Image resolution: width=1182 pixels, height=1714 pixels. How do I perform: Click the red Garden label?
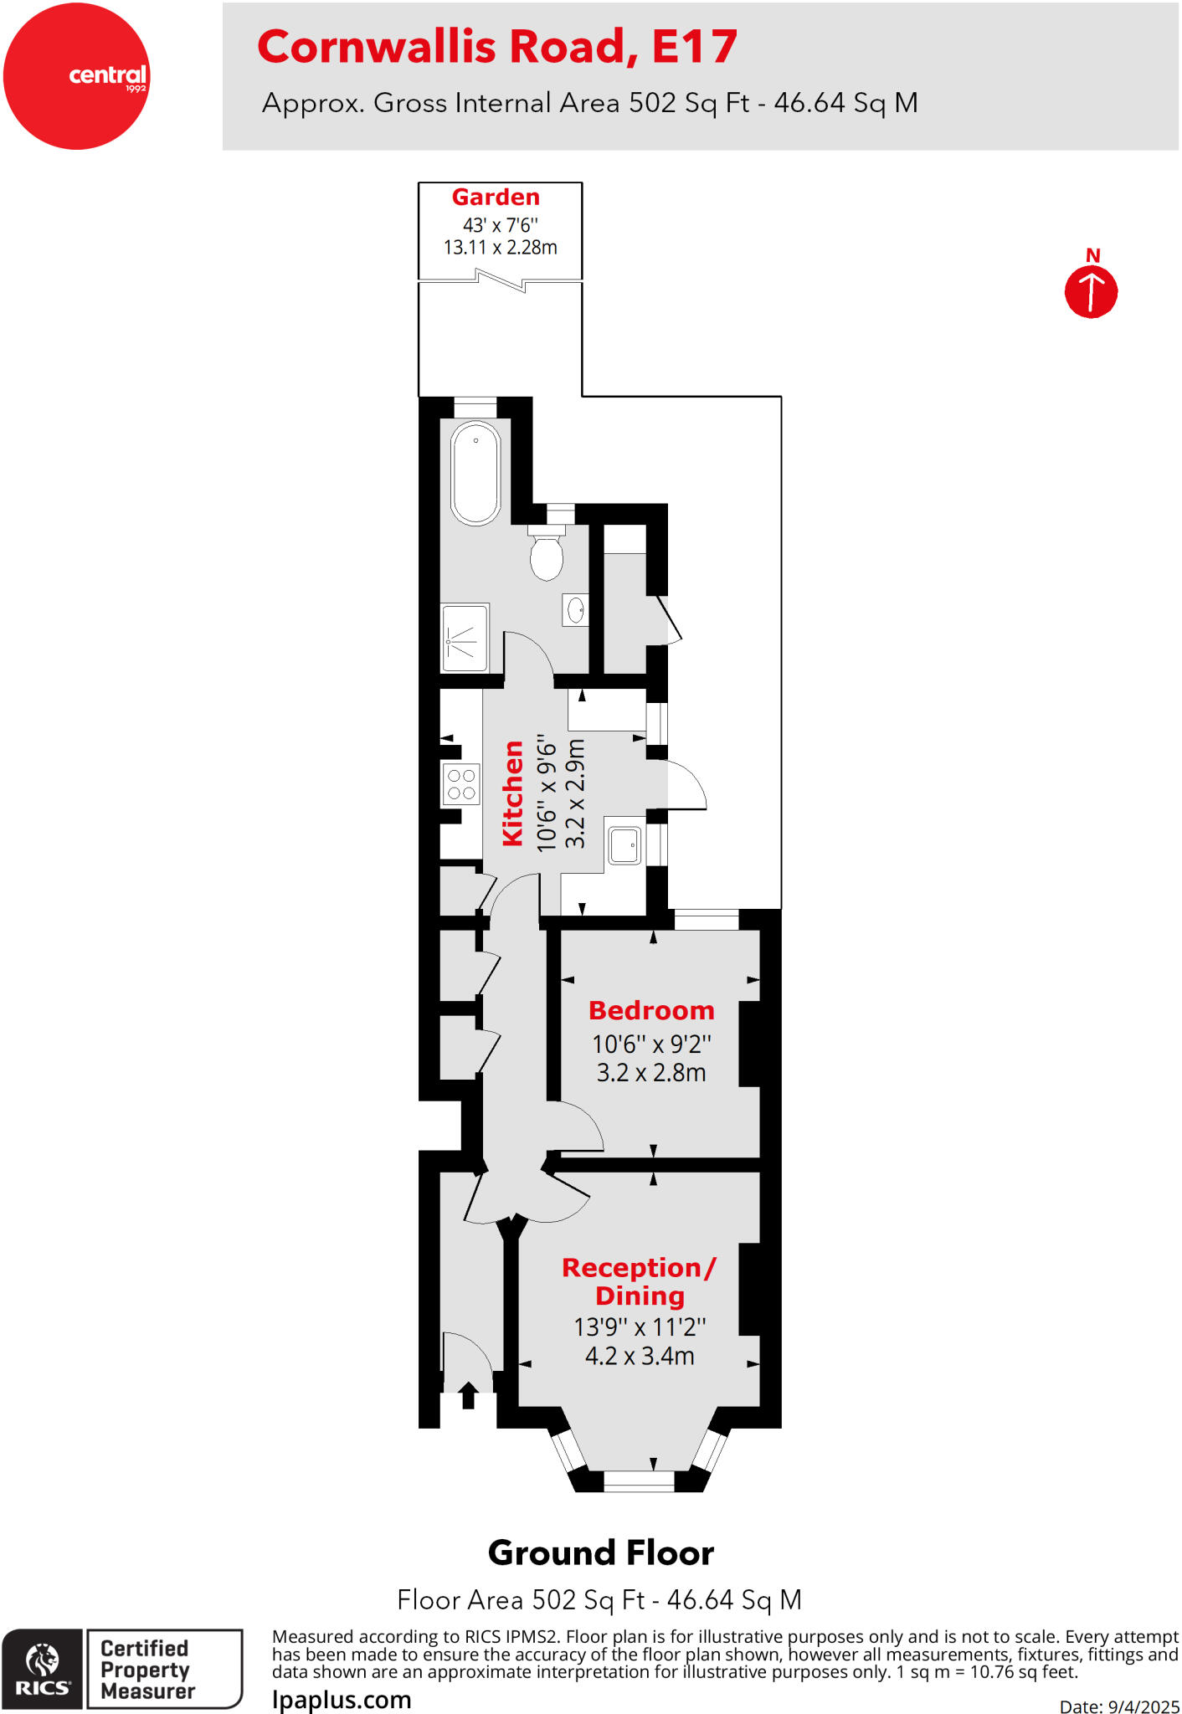click(x=496, y=198)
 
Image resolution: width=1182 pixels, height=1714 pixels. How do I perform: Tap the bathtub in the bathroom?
click(x=475, y=473)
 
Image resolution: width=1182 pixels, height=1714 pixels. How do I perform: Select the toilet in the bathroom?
click(x=547, y=555)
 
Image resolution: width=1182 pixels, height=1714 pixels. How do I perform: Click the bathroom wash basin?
click(x=576, y=610)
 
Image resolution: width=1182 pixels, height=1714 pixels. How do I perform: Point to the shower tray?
click(x=465, y=638)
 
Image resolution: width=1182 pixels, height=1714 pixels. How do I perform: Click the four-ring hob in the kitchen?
click(x=461, y=784)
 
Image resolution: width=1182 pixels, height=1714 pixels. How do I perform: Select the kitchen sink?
click(x=624, y=845)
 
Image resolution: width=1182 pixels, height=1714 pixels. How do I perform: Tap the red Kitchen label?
click(x=512, y=793)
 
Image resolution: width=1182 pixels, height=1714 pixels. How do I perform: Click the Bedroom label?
click(x=651, y=1011)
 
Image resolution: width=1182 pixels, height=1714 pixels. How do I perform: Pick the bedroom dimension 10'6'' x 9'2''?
click(x=651, y=1044)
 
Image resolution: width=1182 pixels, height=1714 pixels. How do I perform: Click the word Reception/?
click(x=639, y=1268)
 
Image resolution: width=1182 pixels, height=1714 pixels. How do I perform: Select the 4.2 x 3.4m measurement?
click(x=640, y=1356)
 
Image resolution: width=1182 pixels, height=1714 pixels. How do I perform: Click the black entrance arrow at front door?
click(x=468, y=1395)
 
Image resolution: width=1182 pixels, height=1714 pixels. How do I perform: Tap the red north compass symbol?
click(x=1091, y=291)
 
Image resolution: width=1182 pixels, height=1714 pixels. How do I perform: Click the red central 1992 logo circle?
click(x=76, y=76)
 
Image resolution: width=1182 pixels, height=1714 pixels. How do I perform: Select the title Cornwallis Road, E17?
click(x=497, y=47)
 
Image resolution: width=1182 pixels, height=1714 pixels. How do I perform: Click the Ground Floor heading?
click(x=600, y=1553)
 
